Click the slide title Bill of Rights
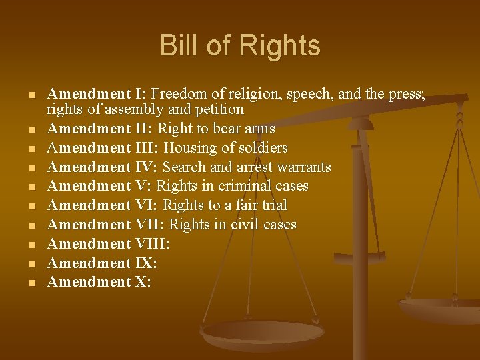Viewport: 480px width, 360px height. (240, 46)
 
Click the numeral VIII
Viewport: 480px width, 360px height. (153, 244)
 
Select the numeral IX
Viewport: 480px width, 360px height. (147, 263)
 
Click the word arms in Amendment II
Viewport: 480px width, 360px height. (259, 128)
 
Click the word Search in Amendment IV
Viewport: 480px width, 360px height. (183, 167)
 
